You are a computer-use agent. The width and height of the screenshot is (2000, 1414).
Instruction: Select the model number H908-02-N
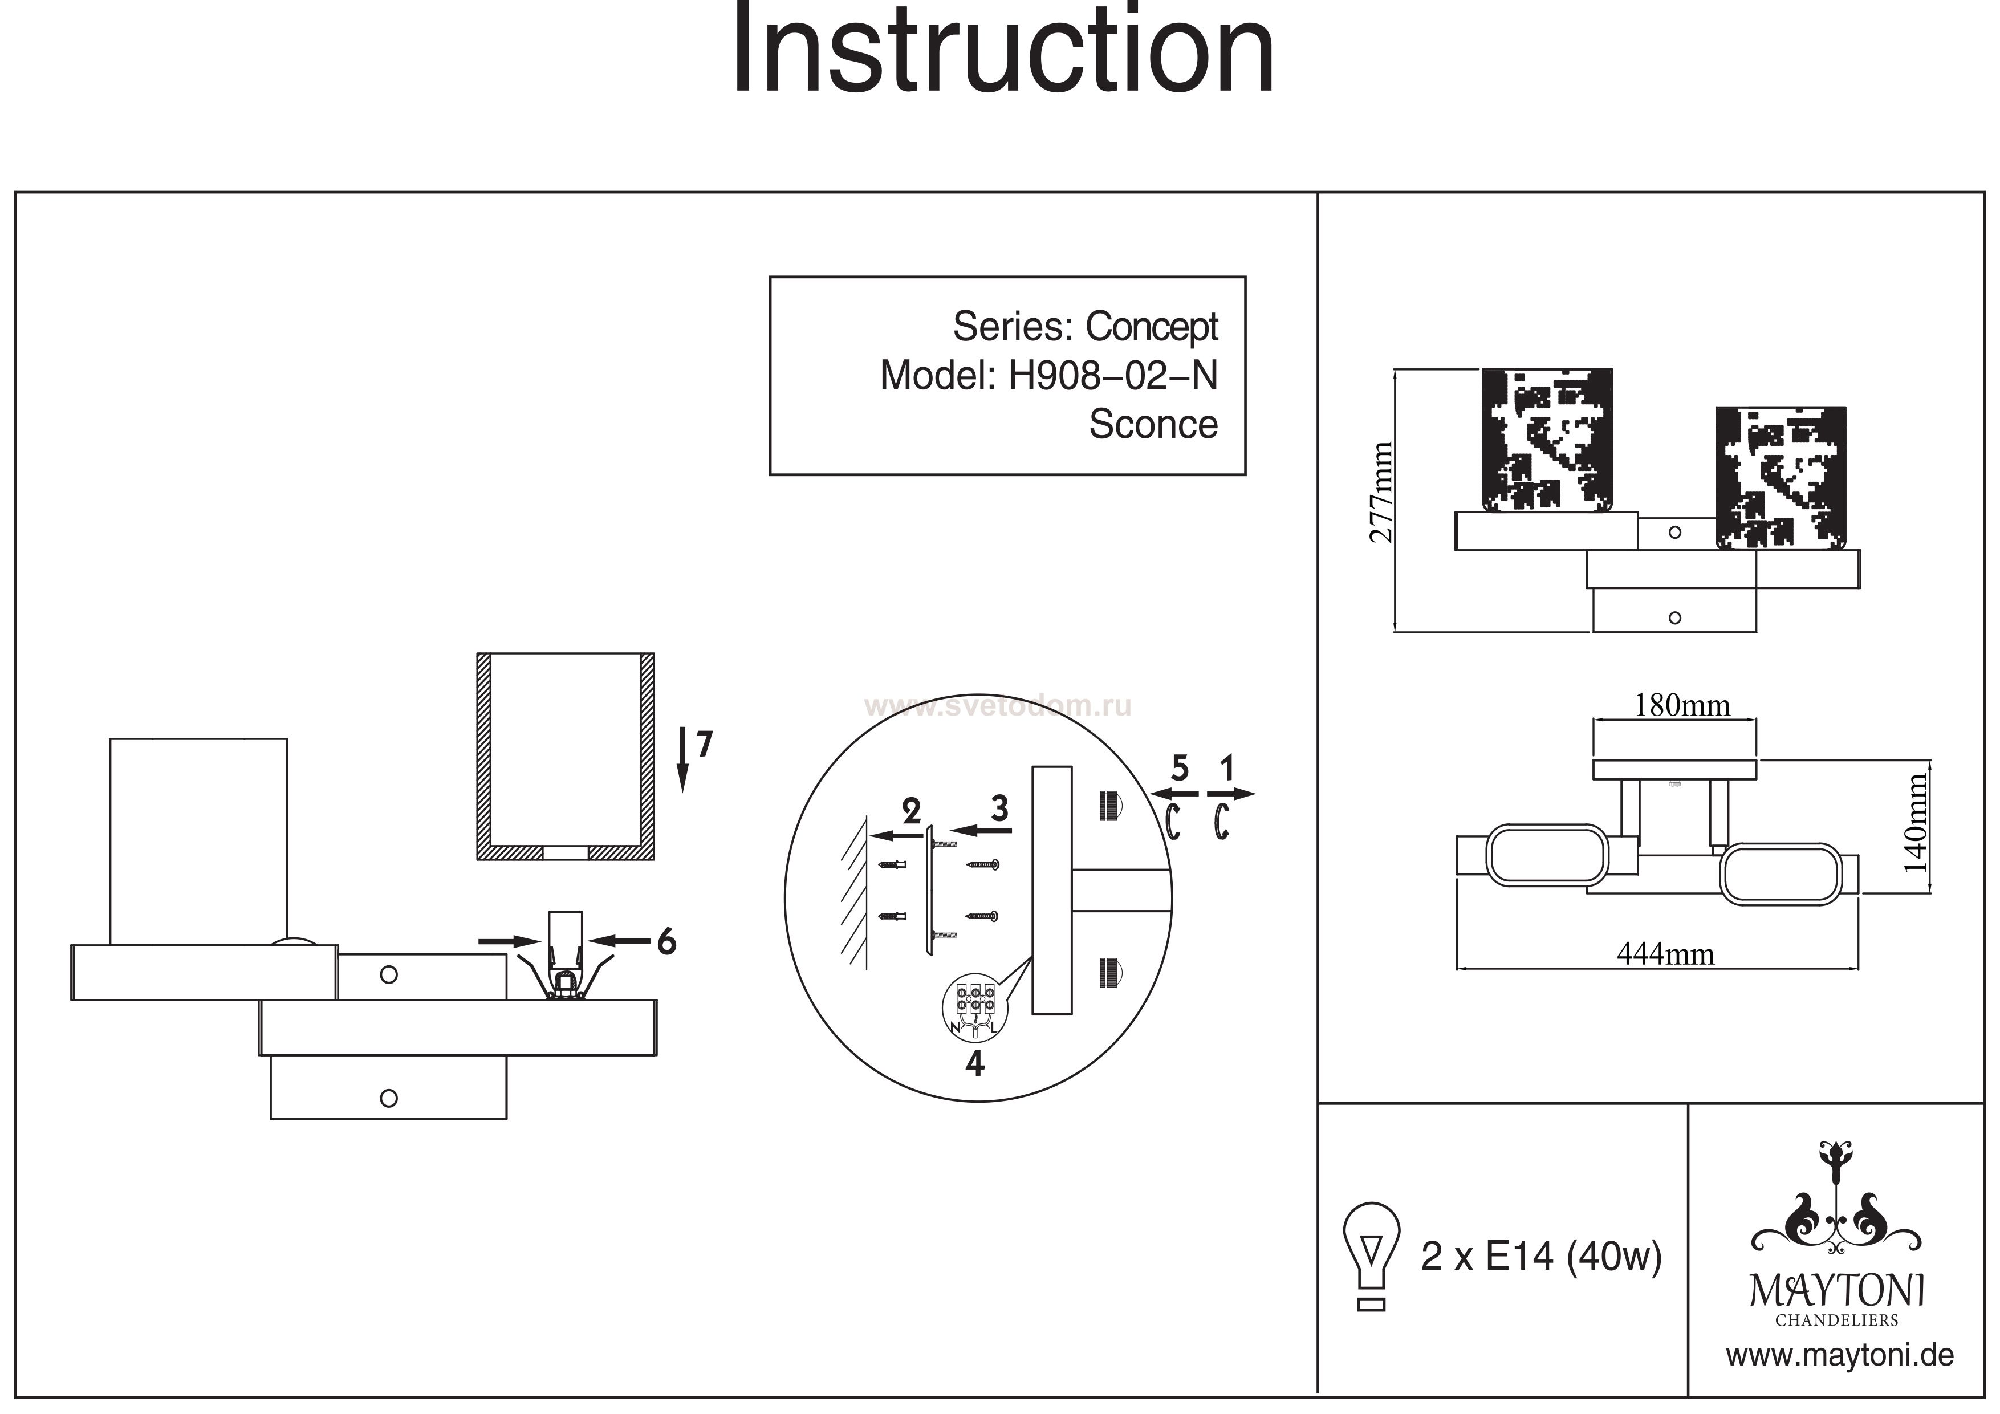coord(1112,376)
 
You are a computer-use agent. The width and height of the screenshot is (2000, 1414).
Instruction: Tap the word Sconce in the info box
coord(1152,424)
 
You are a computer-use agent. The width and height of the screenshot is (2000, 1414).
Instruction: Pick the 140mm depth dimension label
coord(1916,823)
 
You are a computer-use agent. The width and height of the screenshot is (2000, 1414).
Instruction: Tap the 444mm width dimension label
coord(1665,955)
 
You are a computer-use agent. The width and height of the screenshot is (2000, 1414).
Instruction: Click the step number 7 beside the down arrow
coord(704,745)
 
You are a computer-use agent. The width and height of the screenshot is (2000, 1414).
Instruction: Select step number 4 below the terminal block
coord(975,1064)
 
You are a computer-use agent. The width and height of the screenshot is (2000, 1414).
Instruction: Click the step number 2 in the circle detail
coord(911,812)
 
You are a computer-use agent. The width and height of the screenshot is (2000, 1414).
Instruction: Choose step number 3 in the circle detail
coord(999,808)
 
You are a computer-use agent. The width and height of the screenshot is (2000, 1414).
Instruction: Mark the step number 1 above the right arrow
coord(1227,769)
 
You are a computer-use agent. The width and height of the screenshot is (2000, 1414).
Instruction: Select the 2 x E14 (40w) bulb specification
coord(1541,1256)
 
